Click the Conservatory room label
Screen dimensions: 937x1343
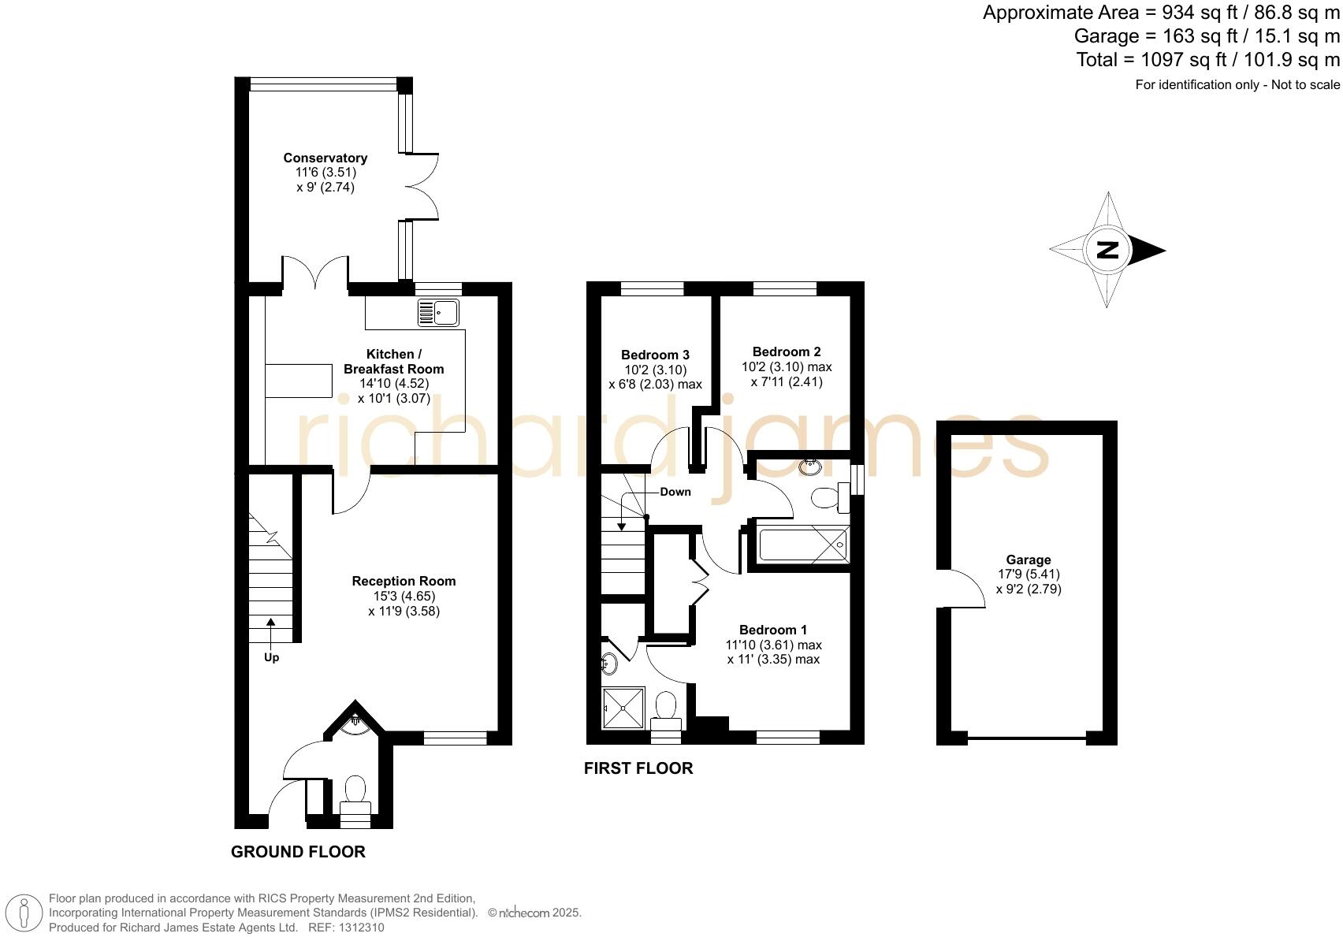coord(325,158)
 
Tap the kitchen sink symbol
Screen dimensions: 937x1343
coord(438,313)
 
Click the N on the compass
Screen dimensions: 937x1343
coord(1107,250)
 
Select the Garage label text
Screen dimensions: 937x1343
coord(1028,560)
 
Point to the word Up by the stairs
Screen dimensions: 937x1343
coord(271,657)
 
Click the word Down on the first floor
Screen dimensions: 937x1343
coord(675,492)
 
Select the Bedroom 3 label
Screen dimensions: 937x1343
coord(655,355)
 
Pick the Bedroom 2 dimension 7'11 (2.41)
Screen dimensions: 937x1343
coord(786,381)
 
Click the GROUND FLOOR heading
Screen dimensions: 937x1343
coord(298,852)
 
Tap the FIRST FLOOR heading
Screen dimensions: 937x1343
coord(638,768)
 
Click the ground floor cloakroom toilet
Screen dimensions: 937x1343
coord(355,790)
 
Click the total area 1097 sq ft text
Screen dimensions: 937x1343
coord(1207,60)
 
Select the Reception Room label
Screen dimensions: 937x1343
coord(404,582)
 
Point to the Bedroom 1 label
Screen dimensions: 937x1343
coord(772,630)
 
